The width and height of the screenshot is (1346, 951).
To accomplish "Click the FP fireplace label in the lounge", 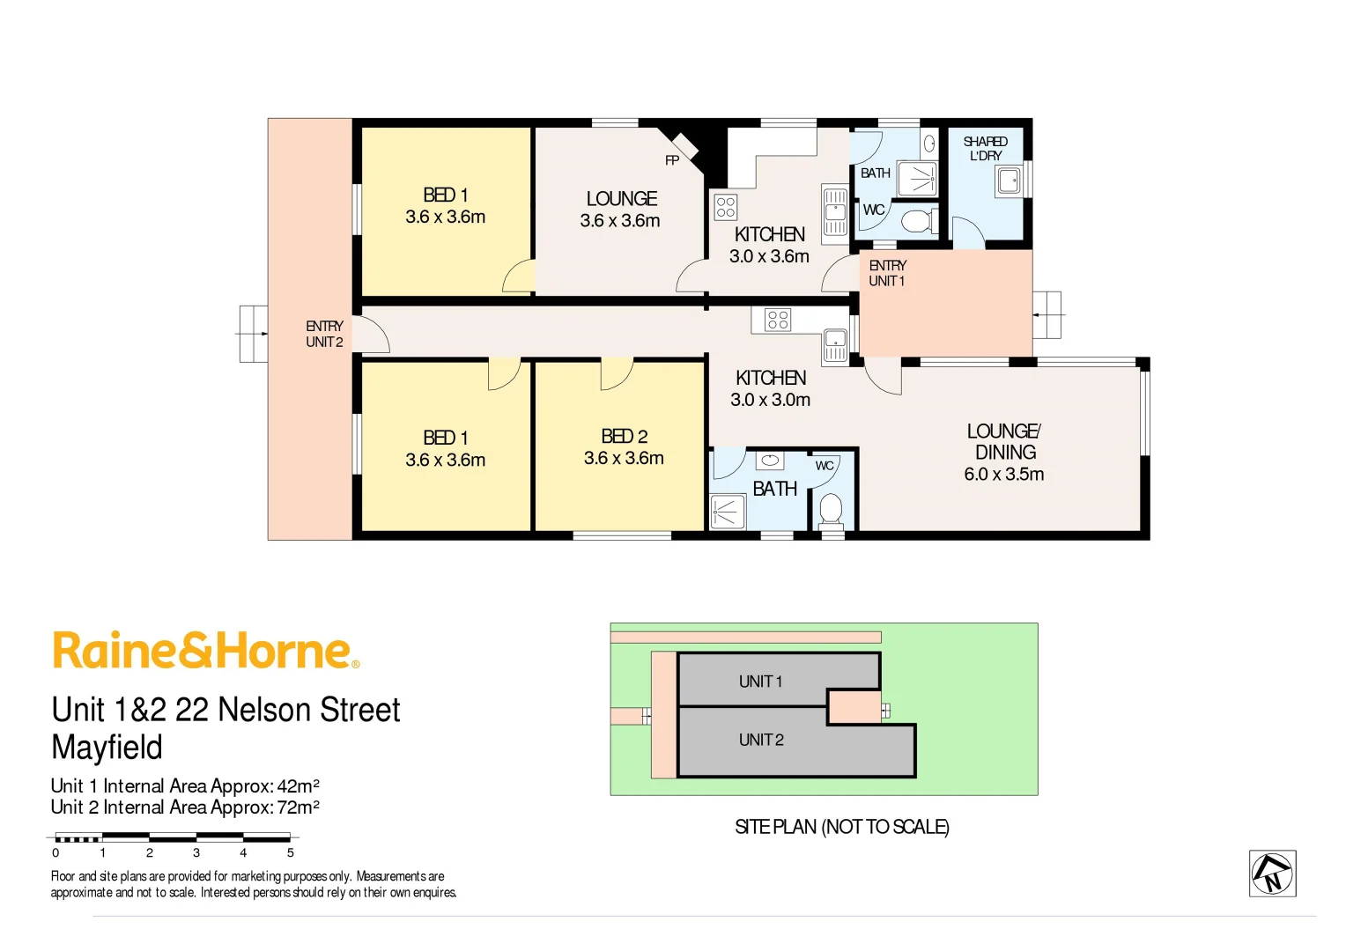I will pos(672,160).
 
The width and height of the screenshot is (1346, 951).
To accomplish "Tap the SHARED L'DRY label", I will pos(985,149).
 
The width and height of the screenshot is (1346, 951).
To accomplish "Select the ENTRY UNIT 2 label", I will pos(324,334).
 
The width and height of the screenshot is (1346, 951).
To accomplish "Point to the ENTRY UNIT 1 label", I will pos(887,273).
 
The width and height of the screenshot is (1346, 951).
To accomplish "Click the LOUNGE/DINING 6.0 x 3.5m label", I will pos(1004,453).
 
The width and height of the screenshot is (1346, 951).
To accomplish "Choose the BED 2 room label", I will pos(624,437).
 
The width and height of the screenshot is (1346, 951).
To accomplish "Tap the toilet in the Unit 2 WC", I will pos(831,509).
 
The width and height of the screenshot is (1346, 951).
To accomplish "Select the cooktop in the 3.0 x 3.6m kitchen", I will pos(726,207).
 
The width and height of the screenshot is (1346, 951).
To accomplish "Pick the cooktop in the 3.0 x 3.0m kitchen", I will pos(778,320).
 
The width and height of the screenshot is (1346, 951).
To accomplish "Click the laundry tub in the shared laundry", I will pos(1009,181).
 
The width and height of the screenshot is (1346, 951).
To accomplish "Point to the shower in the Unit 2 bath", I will pos(728,512).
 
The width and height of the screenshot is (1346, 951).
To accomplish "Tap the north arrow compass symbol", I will pos(1272,874).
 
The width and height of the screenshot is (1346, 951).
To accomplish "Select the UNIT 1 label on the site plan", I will pos(760,682).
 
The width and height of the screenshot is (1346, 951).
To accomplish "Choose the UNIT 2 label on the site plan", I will pos(761,741).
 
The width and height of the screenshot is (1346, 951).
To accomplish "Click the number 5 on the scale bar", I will pos(290,853).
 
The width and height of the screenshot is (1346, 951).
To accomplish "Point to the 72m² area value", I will pos(298,807).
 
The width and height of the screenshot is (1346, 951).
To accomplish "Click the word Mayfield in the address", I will pos(107,748).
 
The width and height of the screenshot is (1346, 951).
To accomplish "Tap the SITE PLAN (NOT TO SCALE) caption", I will pos(841,827).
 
